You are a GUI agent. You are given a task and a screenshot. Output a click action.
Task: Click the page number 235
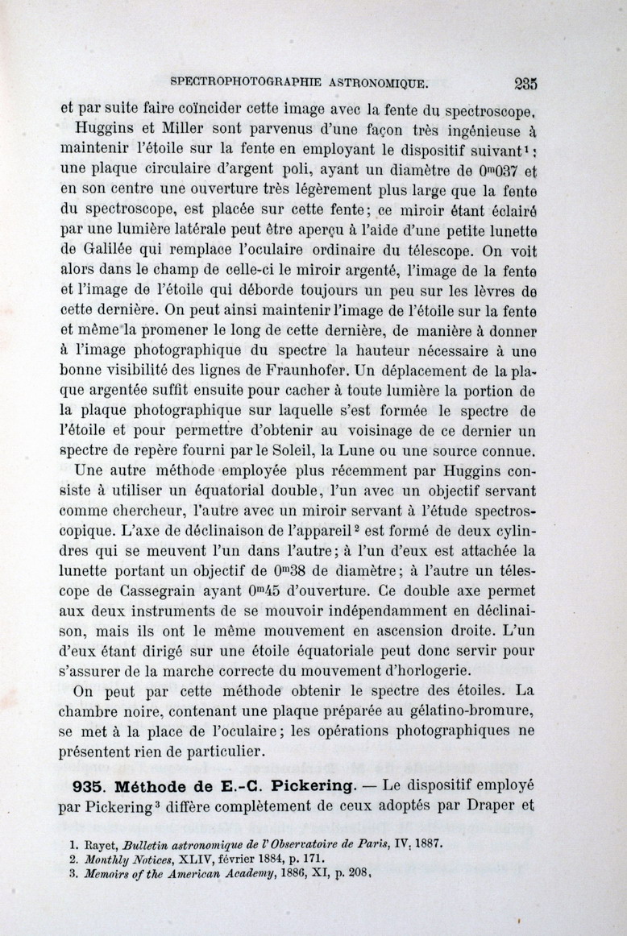(525, 83)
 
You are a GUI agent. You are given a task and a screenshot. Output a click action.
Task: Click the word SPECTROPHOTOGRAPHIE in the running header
(247, 82)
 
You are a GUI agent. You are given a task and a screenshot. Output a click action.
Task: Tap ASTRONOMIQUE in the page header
(376, 82)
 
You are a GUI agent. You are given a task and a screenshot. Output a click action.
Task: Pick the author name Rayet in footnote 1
(100, 846)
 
